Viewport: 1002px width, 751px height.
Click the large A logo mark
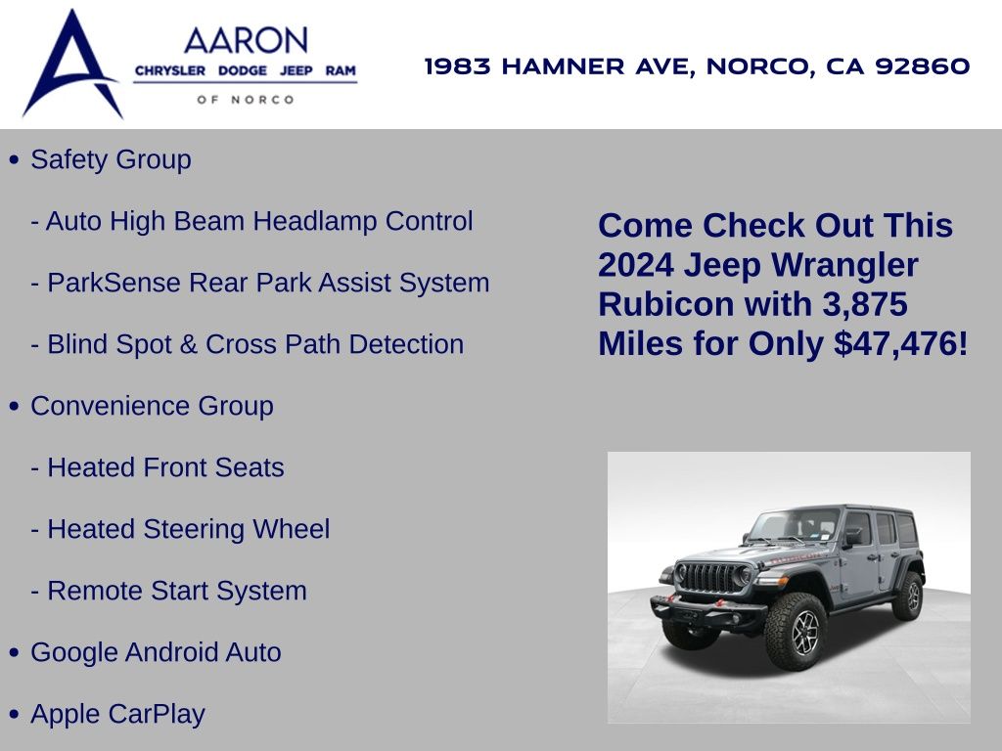(72, 64)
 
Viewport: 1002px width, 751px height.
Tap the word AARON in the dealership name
(246, 41)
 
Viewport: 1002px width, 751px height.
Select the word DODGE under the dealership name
(243, 70)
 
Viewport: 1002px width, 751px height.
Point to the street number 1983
(458, 66)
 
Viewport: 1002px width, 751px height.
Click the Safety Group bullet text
(111, 159)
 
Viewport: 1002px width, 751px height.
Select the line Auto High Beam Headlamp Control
(251, 221)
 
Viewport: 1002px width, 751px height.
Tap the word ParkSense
(114, 283)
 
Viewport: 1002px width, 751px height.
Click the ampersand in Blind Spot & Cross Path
(189, 344)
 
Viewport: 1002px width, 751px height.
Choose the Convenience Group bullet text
(152, 406)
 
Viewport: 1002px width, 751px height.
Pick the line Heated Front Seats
(158, 467)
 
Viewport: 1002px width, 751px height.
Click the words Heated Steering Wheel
(189, 529)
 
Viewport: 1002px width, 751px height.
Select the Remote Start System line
(168, 591)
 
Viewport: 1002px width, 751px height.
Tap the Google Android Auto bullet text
(156, 652)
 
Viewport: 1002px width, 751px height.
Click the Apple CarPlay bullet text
(117, 714)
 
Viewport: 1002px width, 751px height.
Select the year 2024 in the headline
(636, 265)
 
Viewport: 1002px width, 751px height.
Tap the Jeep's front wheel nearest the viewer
(797, 632)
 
